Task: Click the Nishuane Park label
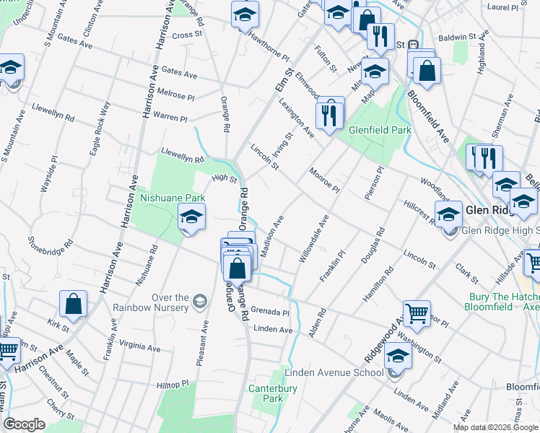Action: tap(173, 198)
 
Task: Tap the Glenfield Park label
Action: tap(380, 130)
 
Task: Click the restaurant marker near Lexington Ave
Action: tap(330, 114)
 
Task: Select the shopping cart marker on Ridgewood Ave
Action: tap(416, 314)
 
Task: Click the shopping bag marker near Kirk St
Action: tap(73, 305)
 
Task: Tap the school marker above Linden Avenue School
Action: tap(397, 356)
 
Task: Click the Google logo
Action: tap(24, 424)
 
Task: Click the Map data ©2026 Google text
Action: tap(495, 427)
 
